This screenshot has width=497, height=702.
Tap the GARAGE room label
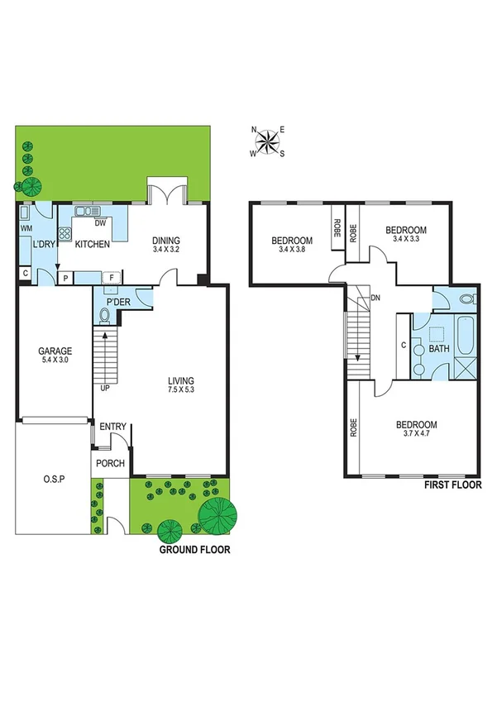pyautogui.click(x=54, y=351)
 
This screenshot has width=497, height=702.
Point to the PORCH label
pyautogui.click(x=110, y=463)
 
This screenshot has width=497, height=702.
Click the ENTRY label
pyautogui.click(x=112, y=427)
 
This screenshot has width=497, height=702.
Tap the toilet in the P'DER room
pyautogui.click(x=106, y=314)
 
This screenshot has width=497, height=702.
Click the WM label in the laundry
pyautogui.click(x=26, y=227)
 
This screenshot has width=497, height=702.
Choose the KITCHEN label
pyautogui.click(x=93, y=245)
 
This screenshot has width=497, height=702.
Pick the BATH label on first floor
pyautogui.click(x=438, y=349)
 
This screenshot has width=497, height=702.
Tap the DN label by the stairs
pyautogui.click(x=375, y=298)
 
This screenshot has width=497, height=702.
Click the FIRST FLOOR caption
pyautogui.click(x=452, y=486)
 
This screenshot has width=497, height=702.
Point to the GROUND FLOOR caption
pyautogui.click(x=195, y=549)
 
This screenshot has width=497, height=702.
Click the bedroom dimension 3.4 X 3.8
pyautogui.click(x=292, y=250)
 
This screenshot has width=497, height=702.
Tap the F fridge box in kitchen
pyautogui.click(x=112, y=278)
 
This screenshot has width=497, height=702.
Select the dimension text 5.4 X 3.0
pyautogui.click(x=54, y=361)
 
